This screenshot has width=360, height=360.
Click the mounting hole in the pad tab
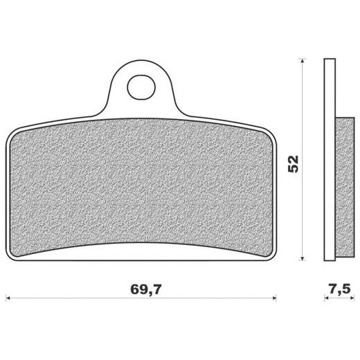(141, 87)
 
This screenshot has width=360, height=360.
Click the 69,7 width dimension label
(145, 289)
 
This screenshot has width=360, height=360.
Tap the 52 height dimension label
(293, 164)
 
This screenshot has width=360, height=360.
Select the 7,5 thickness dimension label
(340, 289)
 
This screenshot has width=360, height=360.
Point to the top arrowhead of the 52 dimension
(303, 60)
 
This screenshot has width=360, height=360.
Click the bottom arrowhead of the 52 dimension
(303, 258)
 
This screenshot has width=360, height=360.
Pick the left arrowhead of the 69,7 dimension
(8, 298)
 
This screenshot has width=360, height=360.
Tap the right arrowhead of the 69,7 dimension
(274, 298)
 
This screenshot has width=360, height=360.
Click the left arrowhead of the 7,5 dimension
(326, 298)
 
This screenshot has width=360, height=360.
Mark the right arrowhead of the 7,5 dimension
(352, 298)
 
